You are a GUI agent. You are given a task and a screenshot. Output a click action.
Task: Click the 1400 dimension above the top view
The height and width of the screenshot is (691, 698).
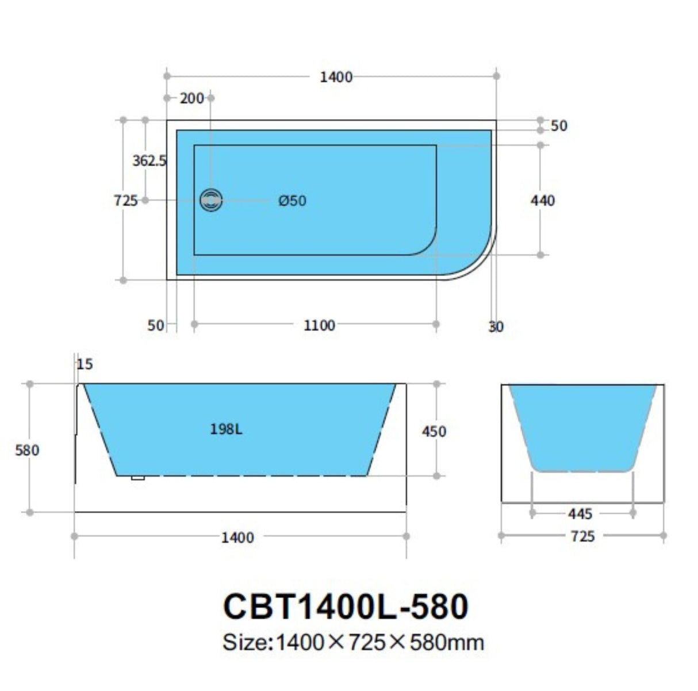pyautogui.click(x=336, y=76)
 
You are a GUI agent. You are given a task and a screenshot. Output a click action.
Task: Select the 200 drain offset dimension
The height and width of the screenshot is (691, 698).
pyautogui.click(x=191, y=98)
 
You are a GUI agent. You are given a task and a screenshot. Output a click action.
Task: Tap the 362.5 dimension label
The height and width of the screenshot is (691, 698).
pyautogui.click(x=149, y=160)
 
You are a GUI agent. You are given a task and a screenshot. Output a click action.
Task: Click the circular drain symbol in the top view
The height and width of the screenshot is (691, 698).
pyautogui.click(x=211, y=201)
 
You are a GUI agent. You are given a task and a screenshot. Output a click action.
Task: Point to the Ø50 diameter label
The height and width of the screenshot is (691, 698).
pyautogui.click(x=292, y=201)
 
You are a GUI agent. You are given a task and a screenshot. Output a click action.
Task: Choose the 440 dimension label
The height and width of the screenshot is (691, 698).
pyautogui.click(x=542, y=200)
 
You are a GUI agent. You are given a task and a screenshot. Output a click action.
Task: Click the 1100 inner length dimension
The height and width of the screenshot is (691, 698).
pyautogui.click(x=319, y=325)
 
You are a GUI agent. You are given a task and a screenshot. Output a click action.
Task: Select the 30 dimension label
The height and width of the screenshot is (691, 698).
pyautogui.click(x=496, y=327)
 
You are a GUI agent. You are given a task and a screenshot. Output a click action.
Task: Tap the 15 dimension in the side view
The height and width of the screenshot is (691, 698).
pyautogui.click(x=85, y=364)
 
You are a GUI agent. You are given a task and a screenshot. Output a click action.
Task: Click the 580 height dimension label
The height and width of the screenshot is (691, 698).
pyautogui.click(x=27, y=450)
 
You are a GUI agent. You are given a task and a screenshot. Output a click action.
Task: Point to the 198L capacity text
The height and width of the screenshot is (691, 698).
pyautogui.click(x=226, y=429)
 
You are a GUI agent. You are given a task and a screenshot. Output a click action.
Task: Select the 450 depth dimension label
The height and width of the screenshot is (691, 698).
pyautogui.click(x=434, y=431)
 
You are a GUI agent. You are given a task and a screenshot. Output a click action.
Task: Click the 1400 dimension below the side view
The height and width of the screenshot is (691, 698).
pyautogui.click(x=237, y=537)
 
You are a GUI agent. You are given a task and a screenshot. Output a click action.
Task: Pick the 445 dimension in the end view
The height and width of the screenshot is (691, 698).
pyautogui.click(x=580, y=513)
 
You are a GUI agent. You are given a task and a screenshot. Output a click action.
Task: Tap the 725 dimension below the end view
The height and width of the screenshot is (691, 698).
pyautogui.click(x=582, y=536)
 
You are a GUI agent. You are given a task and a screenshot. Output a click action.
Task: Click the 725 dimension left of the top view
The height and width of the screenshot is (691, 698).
pyautogui.click(x=125, y=200)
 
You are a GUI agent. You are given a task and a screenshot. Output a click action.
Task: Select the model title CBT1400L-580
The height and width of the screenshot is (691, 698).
pyautogui.click(x=346, y=606)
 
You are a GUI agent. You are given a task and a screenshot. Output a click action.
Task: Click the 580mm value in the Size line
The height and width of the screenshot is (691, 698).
pyautogui.click(x=446, y=642)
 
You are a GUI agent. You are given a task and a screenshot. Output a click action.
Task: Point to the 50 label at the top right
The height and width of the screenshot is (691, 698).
pyautogui.click(x=558, y=125)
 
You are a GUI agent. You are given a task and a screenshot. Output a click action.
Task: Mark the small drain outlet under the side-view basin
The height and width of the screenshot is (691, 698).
pyautogui.click(x=137, y=477)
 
